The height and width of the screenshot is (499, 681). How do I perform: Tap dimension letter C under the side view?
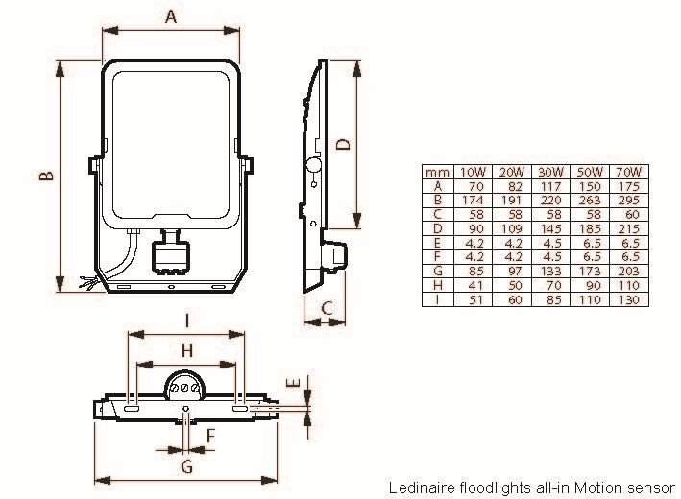(x=327, y=308)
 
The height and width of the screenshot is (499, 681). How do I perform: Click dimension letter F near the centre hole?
(x=210, y=437)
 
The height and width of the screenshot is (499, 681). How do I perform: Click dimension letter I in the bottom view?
(x=186, y=321)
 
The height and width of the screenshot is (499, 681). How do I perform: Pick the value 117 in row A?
(x=549, y=185)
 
